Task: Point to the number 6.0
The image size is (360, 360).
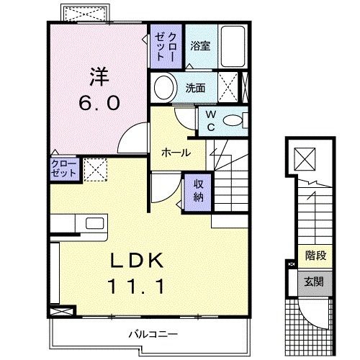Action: [x=99, y=103]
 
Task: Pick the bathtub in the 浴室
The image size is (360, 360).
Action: [x=233, y=44]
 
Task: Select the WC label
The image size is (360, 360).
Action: [x=211, y=119]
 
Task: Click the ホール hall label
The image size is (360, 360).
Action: [x=175, y=153]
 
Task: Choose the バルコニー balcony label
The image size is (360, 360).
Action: [x=153, y=333]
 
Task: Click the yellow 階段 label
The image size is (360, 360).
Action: [x=313, y=255]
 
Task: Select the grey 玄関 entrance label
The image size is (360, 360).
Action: [x=313, y=282]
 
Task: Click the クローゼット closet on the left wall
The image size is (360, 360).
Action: [x=63, y=169]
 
